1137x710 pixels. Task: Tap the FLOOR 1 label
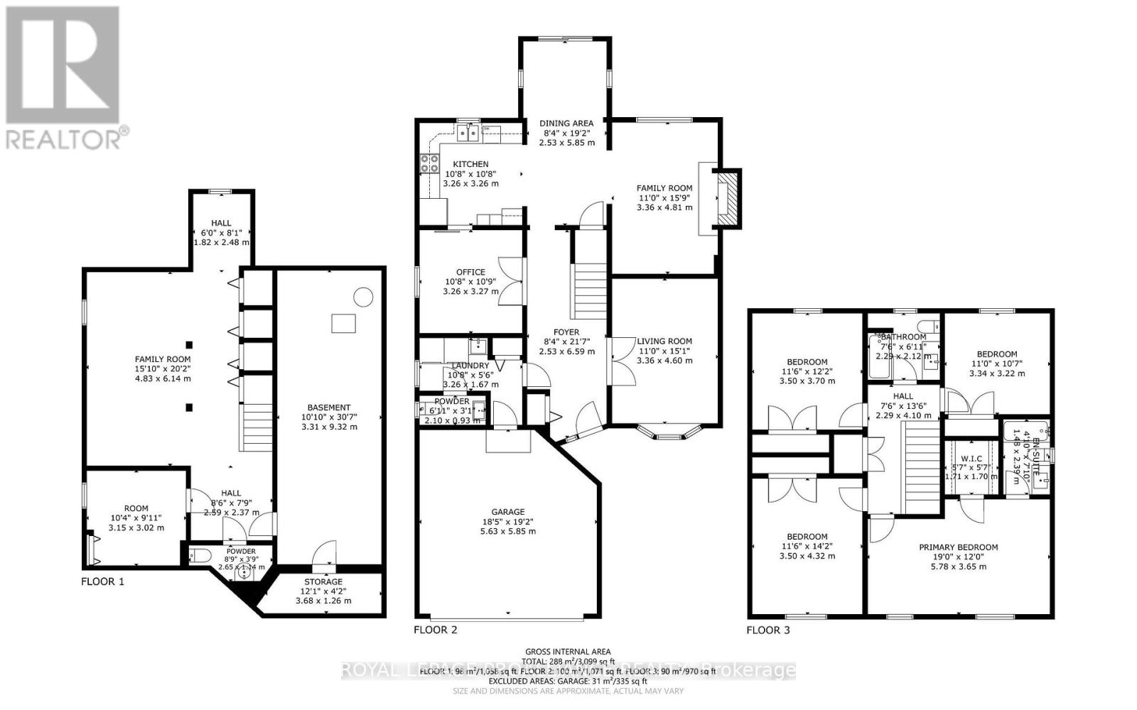(x=103, y=581)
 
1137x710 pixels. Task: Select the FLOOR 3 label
(x=767, y=630)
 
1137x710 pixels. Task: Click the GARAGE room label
(x=508, y=511)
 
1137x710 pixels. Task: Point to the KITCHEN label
(x=470, y=164)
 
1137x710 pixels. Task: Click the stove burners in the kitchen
(x=430, y=164)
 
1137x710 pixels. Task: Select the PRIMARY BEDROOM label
(x=958, y=547)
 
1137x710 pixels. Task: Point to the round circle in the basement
(x=363, y=296)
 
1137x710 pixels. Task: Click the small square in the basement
(x=343, y=323)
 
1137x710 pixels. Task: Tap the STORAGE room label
(x=323, y=581)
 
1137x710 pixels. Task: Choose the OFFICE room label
(x=470, y=272)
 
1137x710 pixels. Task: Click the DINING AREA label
(x=566, y=123)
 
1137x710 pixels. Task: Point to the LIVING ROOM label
(x=664, y=341)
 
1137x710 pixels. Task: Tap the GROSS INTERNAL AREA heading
(x=568, y=651)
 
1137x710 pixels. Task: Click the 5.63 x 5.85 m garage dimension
(x=508, y=531)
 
